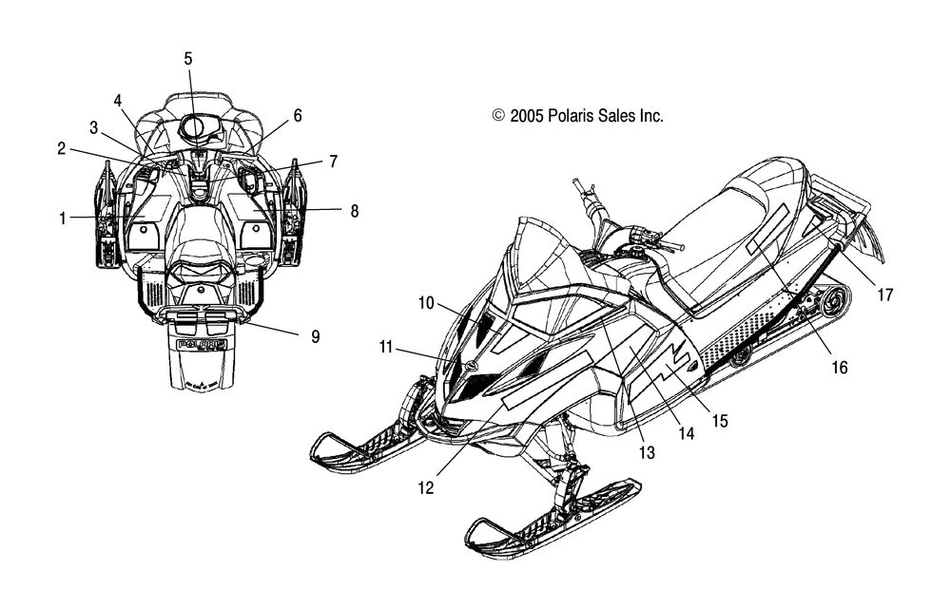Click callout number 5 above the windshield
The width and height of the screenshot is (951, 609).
click(188, 59)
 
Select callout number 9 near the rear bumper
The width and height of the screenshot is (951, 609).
click(316, 336)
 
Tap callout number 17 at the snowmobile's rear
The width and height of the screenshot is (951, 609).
click(885, 295)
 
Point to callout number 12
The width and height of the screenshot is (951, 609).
click(426, 487)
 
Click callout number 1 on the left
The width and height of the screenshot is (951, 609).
click(62, 219)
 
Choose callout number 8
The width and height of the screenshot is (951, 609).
click(354, 211)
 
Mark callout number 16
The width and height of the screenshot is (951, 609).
click(840, 368)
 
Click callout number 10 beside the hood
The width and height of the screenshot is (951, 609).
click(426, 302)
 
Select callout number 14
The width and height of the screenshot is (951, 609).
click(686, 433)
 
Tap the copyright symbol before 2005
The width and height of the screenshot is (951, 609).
click(498, 115)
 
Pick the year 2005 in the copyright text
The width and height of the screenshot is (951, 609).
click(527, 115)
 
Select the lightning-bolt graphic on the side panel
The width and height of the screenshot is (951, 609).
click(678, 359)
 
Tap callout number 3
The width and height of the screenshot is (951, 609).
click(93, 128)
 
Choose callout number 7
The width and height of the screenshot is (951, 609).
click(333, 162)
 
